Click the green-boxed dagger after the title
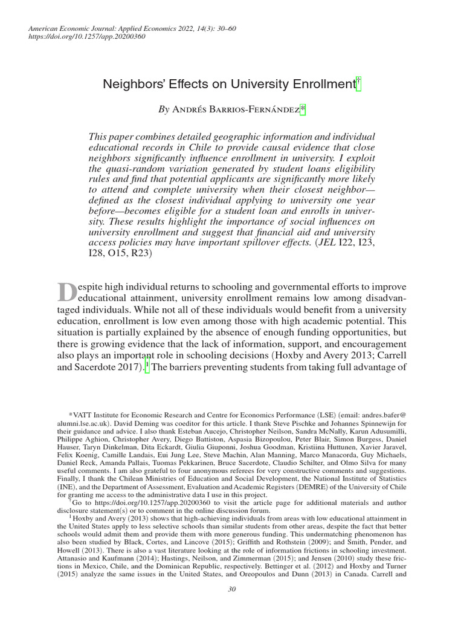pyautogui.click(x=359, y=85)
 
